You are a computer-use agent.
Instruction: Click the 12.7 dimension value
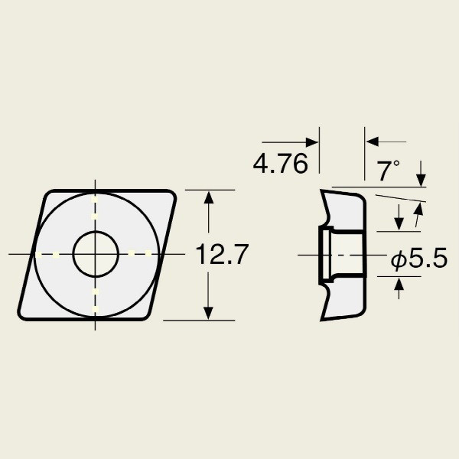222,255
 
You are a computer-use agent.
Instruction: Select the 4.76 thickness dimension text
281,164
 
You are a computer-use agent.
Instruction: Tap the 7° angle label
388,171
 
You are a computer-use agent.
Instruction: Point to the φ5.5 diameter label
419,258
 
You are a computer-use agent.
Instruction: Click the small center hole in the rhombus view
96,254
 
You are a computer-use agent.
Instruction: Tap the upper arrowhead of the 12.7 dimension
208,197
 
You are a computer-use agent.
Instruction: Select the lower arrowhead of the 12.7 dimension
208,313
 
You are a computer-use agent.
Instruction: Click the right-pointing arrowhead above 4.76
312,142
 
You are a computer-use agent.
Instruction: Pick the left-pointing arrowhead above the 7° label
373,142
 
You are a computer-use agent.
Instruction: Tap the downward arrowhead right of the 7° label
421,180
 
